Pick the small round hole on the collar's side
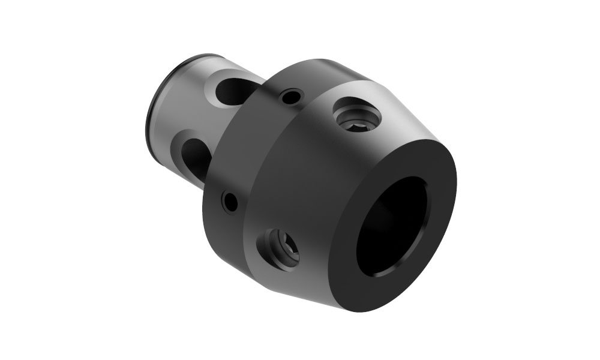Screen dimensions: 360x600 click(229, 200)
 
